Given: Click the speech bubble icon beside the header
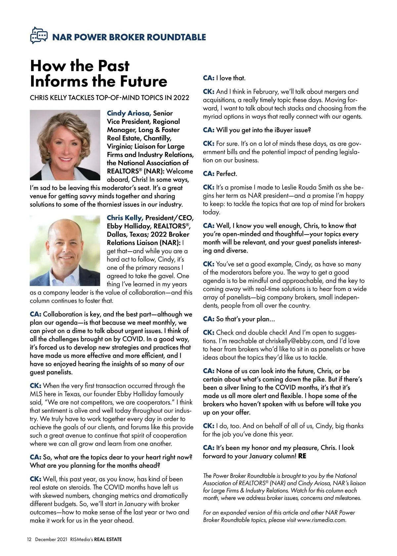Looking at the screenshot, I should click(38, 35).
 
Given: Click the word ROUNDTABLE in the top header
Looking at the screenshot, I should click(176, 37).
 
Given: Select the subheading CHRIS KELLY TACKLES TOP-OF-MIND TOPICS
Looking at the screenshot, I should click(110, 98).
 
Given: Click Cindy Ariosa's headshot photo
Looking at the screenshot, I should click(65, 145).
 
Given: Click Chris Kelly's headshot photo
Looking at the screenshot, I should click(65, 251).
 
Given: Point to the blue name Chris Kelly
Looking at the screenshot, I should click(125, 218).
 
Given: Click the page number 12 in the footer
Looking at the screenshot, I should click(29, 539).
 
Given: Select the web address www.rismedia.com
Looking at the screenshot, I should click(321, 520).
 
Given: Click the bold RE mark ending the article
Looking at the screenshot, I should click(302, 456).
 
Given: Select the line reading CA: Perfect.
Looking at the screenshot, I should click(220, 174).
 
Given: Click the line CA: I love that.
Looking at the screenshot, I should click(224, 78).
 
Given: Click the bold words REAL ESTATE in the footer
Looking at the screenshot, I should click(108, 539).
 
